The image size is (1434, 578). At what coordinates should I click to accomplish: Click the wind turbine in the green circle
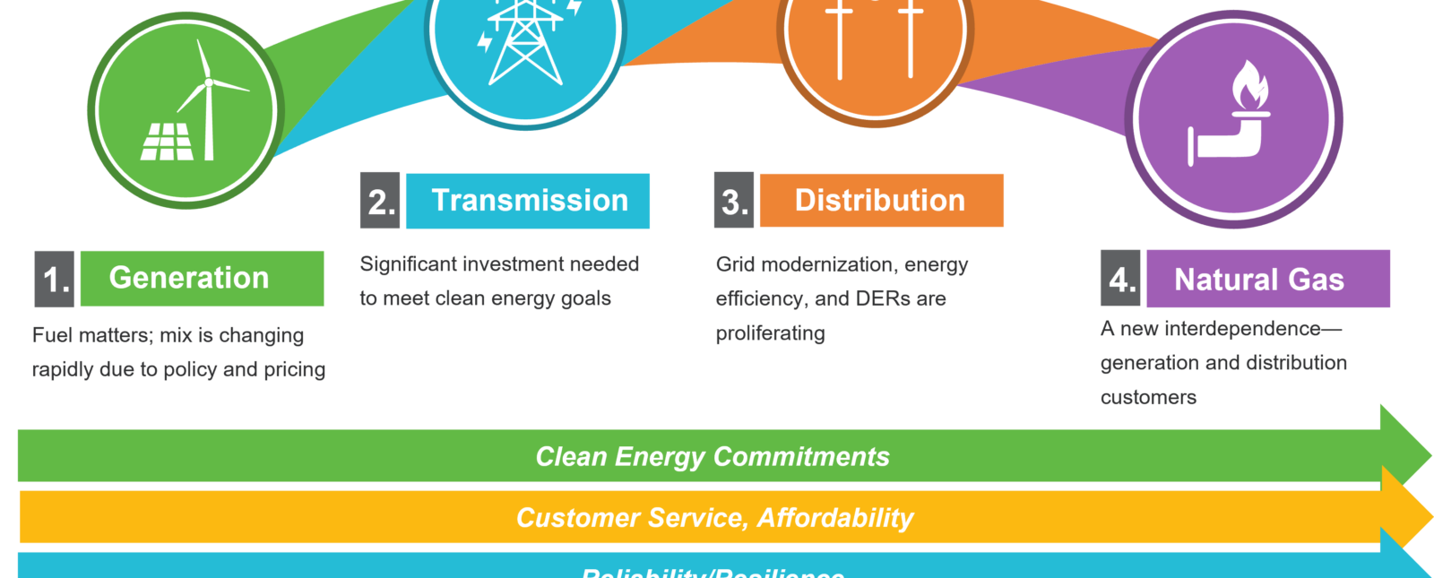[x=209, y=99]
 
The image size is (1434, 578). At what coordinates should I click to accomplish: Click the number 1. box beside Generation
[x=55, y=279]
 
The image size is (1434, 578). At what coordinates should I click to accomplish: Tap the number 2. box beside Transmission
[x=380, y=202]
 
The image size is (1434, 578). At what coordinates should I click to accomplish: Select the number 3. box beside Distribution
[x=734, y=201]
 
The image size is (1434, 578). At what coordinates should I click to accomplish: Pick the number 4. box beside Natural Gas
[x=1120, y=279]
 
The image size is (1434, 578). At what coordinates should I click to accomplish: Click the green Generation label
[x=202, y=279]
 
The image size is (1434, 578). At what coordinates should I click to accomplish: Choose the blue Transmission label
[x=528, y=201]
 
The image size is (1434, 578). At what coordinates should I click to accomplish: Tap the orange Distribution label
[x=881, y=201]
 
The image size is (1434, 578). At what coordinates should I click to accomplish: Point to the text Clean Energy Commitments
[x=713, y=457]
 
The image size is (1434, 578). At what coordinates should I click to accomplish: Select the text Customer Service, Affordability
[x=714, y=518]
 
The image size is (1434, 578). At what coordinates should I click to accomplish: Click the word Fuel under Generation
[x=52, y=335]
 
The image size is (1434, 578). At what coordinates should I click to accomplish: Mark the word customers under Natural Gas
[x=1148, y=398]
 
